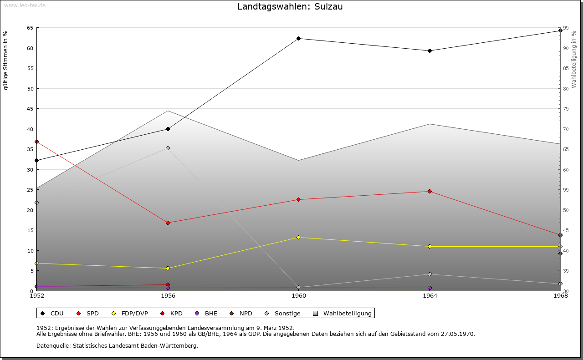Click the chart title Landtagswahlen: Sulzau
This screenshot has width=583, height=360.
click(x=290, y=7)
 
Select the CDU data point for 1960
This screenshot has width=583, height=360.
click(x=298, y=38)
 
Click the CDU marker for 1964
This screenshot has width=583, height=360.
click(x=430, y=51)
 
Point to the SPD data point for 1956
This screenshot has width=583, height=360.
click(x=168, y=223)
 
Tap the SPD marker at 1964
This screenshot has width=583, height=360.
click(x=430, y=191)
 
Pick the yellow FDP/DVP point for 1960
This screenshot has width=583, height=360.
click(x=298, y=237)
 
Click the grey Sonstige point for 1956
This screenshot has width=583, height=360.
click(x=168, y=148)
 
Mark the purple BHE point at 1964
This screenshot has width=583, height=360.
click(x=430, y=288)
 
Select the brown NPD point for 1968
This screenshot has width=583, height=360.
click(x=560, y=254)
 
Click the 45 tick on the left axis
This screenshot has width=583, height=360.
click(x=30, y=109)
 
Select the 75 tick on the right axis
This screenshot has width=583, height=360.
click(x=566, y=109)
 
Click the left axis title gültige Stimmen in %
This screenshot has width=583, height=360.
click(x=6, y=60)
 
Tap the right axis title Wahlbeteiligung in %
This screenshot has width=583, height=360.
click(x=574, y=59)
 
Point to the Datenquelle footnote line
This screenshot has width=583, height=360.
click(x=117, y=345)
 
